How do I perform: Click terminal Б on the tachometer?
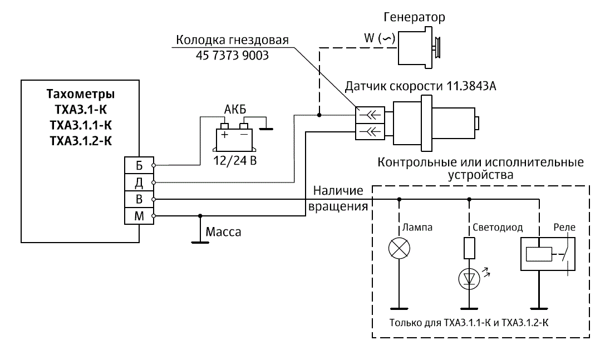pyautogui.click(x=139, y=165)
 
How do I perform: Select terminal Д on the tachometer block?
pyautogui.click(x=139, y=182)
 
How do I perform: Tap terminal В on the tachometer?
pyautogui.click(x=139, y=199)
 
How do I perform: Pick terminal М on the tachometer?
pyautogui.click(x=139, y=215)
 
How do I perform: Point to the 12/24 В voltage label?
pyautogui.click(x=234, y=161)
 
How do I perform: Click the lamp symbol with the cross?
pyautogui.click(x=399, y=248)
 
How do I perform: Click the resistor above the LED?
pyautogui.click(x=469, y=248)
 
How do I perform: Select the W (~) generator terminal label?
pyautogui.click(x=378, y=39)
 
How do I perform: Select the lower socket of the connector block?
pyautogui.click(x=370, y=132)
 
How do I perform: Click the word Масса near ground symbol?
pyautogui.click(x=224, y=232)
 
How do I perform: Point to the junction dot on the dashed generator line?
pyautogui.click(x=319, y=115)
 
